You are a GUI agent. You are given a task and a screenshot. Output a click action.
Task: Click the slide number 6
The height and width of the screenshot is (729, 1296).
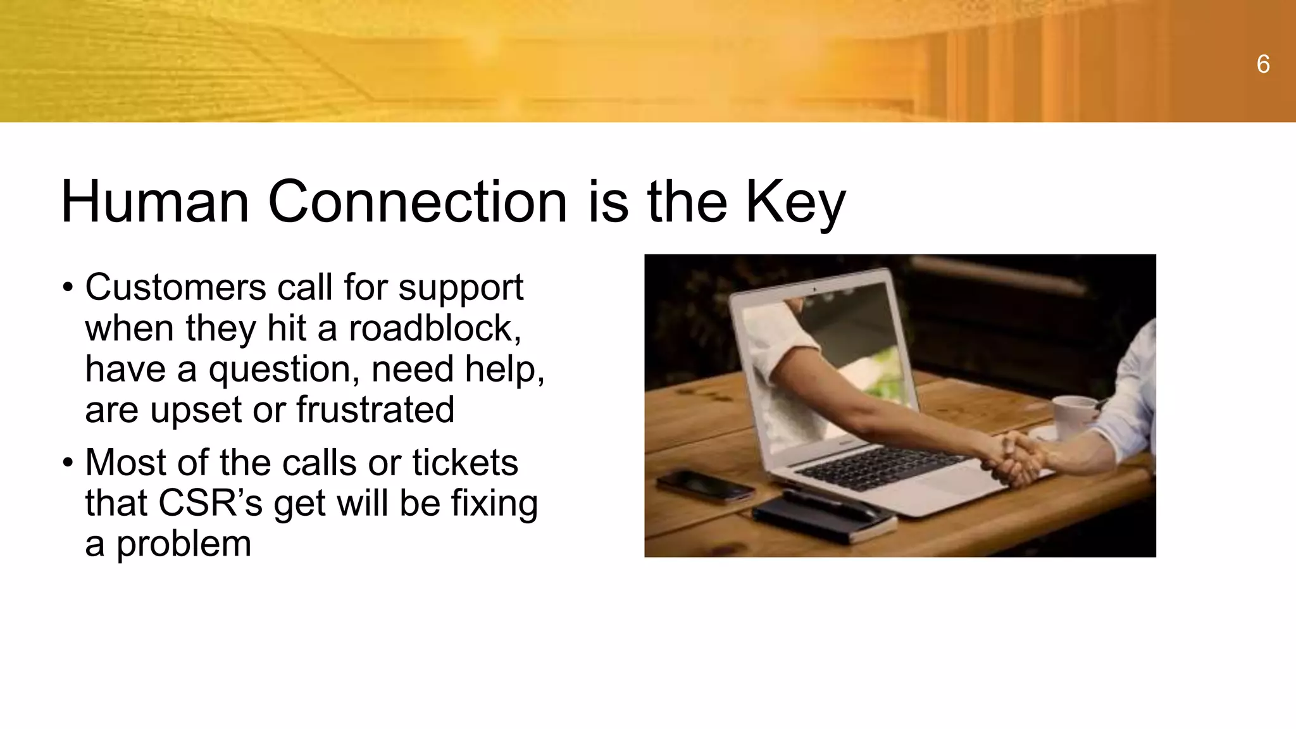pyautogui.click(x=1262, y=65)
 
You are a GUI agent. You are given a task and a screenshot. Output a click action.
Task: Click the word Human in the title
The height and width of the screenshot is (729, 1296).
pyautogui.click(x=155, y=202)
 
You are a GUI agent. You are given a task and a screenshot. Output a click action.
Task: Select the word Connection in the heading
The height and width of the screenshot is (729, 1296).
pyautogui.click(x=417, y=202)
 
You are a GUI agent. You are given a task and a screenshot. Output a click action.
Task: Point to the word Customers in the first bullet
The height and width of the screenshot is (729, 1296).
pyautogui.click(x=175, y=287)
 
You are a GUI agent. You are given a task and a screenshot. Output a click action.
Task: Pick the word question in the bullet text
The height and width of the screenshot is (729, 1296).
pyautogui.click(x=285, y=370)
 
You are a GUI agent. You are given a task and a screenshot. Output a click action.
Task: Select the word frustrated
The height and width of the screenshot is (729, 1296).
pyautogui.click(x=375, y=409)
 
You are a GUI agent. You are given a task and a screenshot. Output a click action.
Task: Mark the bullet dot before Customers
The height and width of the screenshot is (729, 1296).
pyautogui.click(x=68, y=288)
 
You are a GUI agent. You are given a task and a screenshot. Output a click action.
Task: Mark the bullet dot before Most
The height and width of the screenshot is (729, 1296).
pyautogui.click(x=68, y=463)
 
